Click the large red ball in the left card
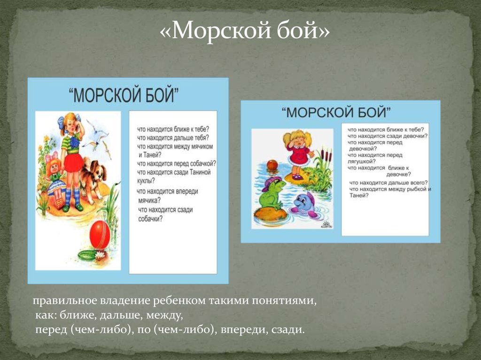point(100,234)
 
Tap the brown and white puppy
point(92,178)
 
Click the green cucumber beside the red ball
point(87,255)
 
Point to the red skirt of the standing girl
point(73,162)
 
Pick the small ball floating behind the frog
point(272,165)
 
